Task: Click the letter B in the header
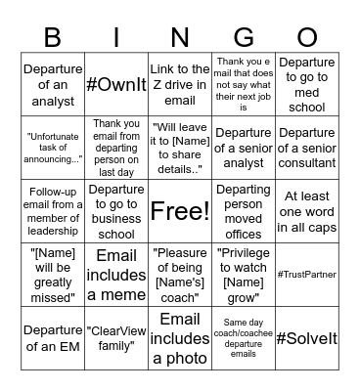(54, 37)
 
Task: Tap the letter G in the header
(244, 37)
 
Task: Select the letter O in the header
(306, 37)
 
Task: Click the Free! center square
(180, 210)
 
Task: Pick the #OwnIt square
(116, 84)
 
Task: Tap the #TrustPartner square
(306, 274)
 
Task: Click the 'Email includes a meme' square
(116, 274)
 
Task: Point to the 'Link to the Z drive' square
(180, 84)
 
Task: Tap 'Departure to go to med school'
(306, 84)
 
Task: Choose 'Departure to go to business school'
(116, 210)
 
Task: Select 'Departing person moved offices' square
(244, 210)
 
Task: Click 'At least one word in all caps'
(306, 210)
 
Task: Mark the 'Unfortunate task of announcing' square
(54, 148)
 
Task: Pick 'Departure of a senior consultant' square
(306, 148)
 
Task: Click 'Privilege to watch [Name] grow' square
(244, 274)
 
